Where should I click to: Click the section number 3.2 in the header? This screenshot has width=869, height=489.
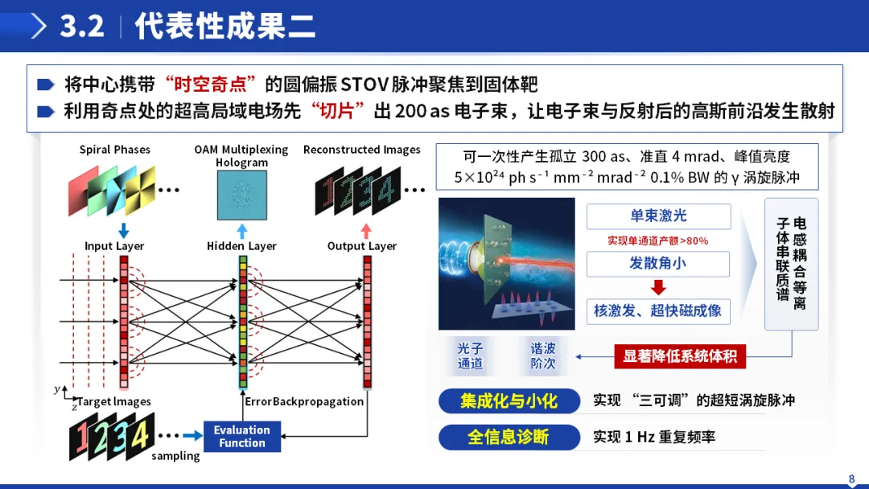pos(82,26)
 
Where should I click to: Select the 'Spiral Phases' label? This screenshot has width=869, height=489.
pos(114,150)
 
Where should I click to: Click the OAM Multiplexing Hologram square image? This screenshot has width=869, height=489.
pos(241,195)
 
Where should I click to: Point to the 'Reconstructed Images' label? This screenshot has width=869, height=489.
pos(361,150)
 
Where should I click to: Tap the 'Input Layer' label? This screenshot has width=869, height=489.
pos(114,246)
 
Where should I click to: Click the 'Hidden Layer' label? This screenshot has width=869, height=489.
pos(241,246)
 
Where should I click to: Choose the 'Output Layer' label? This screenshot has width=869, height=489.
pos(362,246)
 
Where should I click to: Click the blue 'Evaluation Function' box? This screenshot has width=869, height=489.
pos(241,436)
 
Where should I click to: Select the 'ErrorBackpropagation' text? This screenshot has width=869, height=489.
pos(304,401)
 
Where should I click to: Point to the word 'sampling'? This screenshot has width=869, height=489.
pos(175,456)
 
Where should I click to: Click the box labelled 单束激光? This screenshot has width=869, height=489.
pos(658,216)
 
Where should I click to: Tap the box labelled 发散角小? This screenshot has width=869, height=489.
pos(658,264)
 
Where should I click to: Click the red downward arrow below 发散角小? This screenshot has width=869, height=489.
pos(658,287)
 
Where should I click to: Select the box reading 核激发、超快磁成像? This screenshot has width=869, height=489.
pos(658,311)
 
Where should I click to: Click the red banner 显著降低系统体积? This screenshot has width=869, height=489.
pos(680,356)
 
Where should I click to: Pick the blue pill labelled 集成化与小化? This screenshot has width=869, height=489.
pos(509,401)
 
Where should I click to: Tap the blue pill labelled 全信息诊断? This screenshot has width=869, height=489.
pos(509,437)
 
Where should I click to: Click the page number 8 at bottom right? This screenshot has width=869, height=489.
pos(851,479)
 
